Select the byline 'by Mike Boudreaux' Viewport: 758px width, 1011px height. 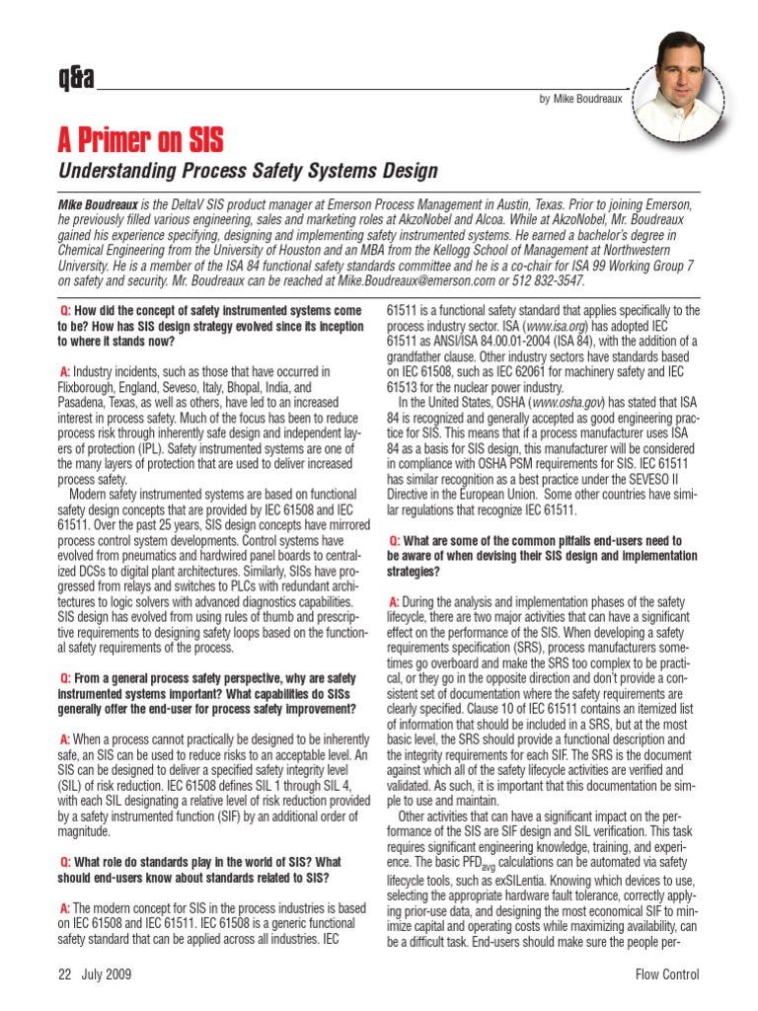point(581,100)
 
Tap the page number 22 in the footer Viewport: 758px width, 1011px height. point(65,974)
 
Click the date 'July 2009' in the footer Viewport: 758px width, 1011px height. point(107,974)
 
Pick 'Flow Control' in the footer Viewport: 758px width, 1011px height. point(667,974)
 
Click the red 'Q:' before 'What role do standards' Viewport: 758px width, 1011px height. point(66,862)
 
